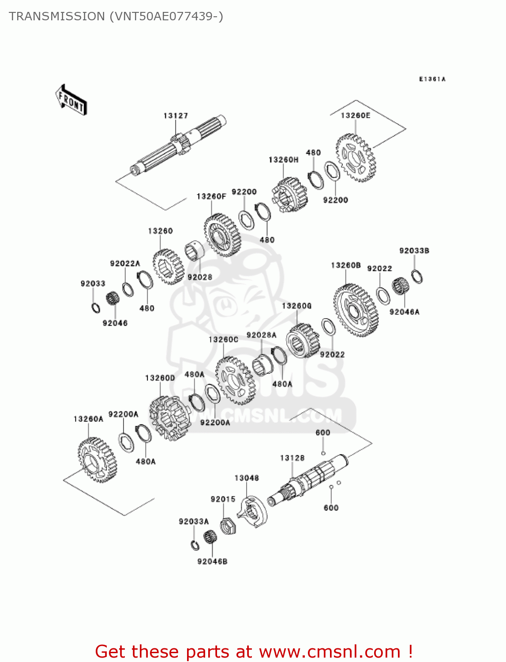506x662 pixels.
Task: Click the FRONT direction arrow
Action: tap(71, 100)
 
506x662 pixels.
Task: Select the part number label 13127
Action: tap(176, 116)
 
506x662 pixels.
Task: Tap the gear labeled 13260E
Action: tap(356, 158)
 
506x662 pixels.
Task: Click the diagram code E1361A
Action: tap(432, 79)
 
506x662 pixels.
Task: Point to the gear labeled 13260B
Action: tap(356, 311)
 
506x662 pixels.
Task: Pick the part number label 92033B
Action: tap(414, 251)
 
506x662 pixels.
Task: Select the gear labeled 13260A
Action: tap(98, 460)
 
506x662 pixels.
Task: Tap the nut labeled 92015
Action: tap(228, 525)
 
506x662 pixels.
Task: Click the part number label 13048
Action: tap(247, 478)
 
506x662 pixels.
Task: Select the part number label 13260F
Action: tap(211, 196)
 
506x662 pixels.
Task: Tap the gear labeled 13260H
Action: tap(290, 195)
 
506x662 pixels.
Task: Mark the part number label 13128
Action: tap(292, 458)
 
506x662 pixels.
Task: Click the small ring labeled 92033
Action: tap(96, 308)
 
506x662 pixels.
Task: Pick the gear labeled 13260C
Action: tap(234, 380)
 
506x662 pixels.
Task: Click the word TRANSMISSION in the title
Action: tap(56, 16)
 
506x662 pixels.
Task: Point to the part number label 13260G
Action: tap(296, 306)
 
